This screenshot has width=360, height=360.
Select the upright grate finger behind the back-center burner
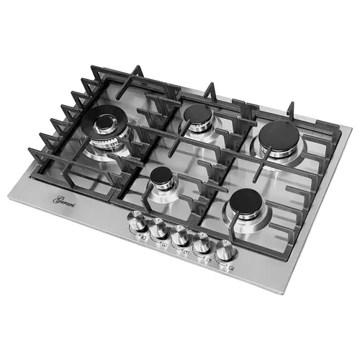[x=210, y=89]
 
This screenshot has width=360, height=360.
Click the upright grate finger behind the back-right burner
[x=291, y=109]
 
